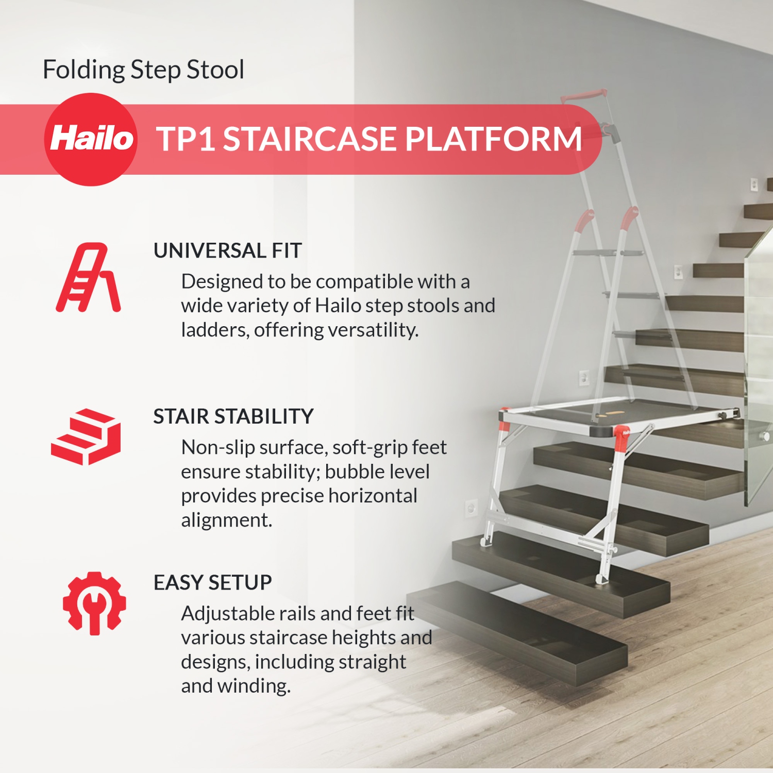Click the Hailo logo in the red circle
(x=91, y=139)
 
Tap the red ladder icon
(x=88, y=278)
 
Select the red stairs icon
(x=86, y=437)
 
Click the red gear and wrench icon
(x=94, y=603)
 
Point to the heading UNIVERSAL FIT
(x=227, y=251)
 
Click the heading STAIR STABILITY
(x=233, y=416)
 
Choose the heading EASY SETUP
(x=212, y=583)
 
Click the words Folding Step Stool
(x=143, y=70)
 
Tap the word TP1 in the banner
(x=186, y=139)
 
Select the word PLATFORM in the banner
(x=493, y=139)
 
